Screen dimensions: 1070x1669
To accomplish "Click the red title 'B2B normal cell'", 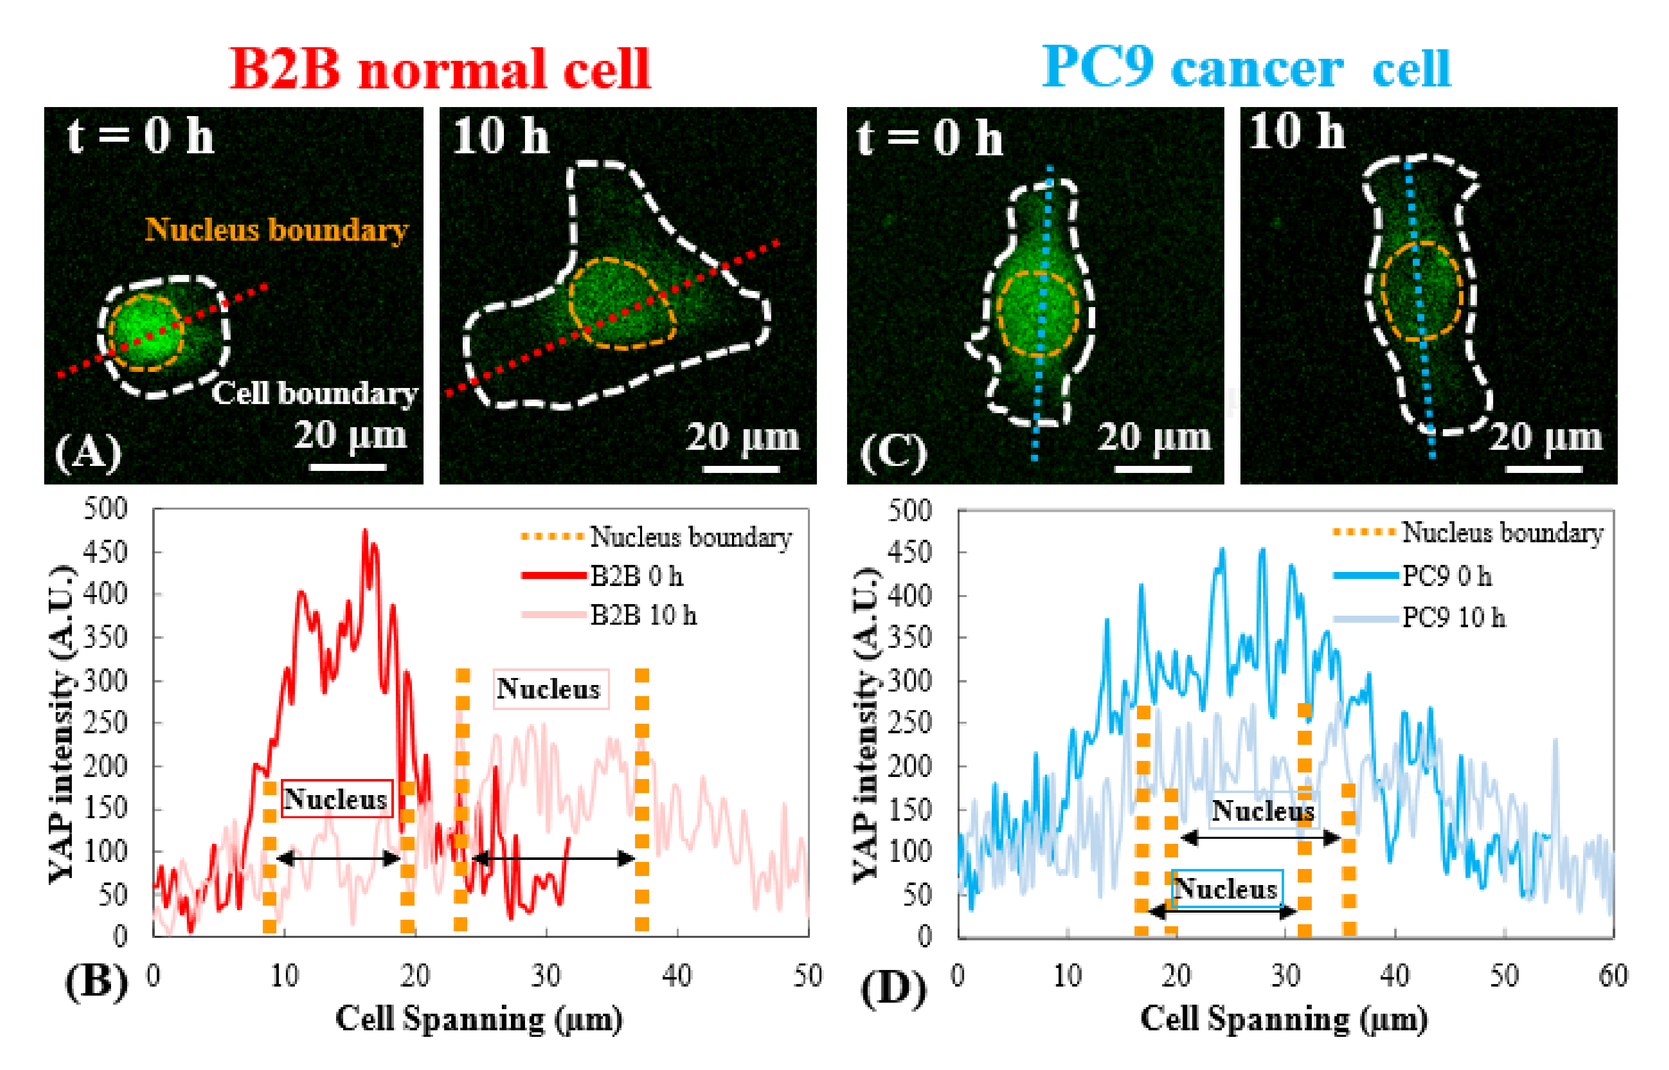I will coord(440,69).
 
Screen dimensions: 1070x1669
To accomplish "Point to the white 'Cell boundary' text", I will coord(314,393).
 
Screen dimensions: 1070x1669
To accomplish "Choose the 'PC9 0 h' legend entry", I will coord(1446,576).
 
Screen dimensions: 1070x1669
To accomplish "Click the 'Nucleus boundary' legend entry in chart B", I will coord(690,537).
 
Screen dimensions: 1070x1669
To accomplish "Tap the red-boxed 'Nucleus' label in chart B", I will coord(336,799).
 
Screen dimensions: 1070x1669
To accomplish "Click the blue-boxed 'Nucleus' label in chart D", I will coord(1226,889).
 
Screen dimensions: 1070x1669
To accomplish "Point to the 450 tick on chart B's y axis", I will coord(105,553).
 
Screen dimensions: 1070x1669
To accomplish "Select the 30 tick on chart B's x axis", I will coord(546,976).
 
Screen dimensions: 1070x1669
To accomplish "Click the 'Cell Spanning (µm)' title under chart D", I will coord(1284,1019).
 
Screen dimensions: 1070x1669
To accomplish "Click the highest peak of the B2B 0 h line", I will coord(365,532).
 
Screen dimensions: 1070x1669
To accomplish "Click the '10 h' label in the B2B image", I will coord(500,136).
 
